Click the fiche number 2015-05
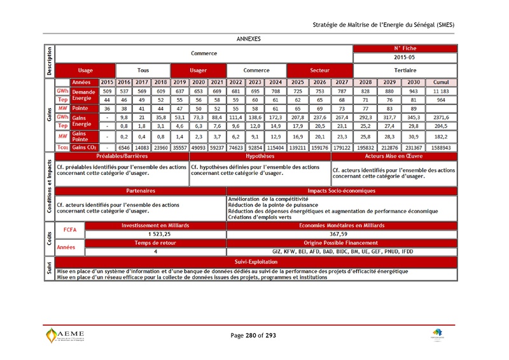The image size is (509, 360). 404,58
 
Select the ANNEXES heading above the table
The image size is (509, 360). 248,38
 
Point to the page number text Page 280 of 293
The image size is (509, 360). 254,335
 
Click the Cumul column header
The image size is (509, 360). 441,82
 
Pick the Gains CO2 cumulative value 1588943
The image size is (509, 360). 441,147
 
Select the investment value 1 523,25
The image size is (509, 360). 141,234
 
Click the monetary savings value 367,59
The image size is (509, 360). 342,234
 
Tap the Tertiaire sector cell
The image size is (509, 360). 404,70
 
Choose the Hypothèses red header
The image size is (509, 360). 260,155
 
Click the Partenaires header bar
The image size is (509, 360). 141,190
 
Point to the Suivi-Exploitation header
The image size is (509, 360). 256,261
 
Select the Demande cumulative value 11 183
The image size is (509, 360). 441,92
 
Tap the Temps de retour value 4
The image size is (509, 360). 141,251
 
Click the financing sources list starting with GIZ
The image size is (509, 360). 342,251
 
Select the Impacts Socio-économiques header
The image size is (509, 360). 342,190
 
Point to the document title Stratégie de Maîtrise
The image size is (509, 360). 384,24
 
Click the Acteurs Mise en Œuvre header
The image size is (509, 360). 393,155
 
